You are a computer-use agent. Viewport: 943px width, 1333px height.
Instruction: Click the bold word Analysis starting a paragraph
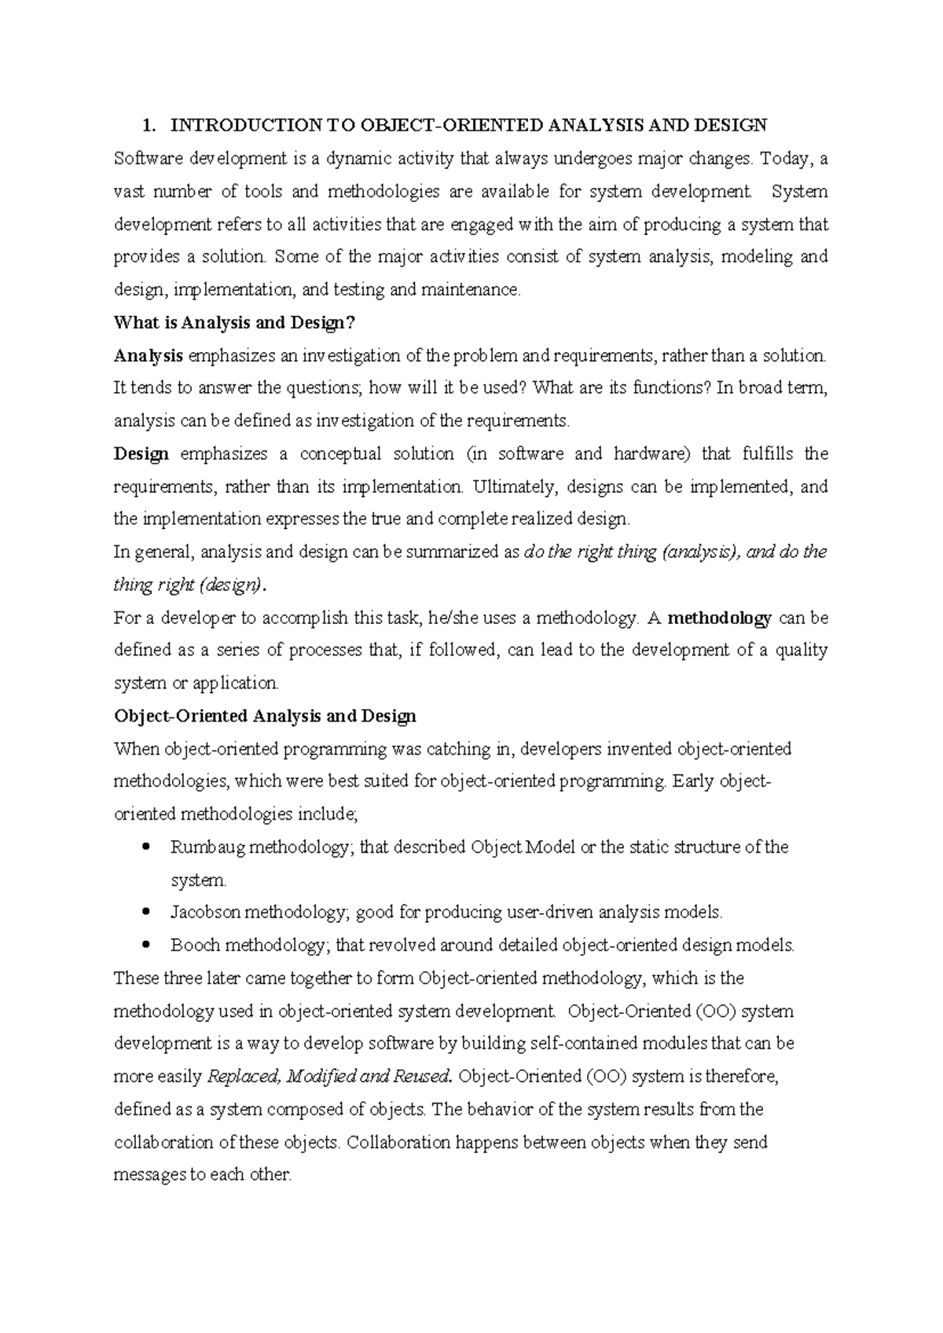(x=149, y=355)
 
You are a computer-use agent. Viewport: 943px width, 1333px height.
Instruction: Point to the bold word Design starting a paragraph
(x=141, y=454)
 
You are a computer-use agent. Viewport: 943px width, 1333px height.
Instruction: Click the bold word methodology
(x=720, y=618)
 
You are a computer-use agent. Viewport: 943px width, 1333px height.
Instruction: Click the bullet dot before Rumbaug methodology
(x=147, y=847)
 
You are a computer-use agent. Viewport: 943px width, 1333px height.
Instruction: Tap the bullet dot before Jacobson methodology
(x=147, y=913)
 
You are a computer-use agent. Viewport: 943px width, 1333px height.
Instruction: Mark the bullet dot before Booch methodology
(x=147, y=946)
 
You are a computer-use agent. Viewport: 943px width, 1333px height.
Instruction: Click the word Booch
(x=194, y=946)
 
